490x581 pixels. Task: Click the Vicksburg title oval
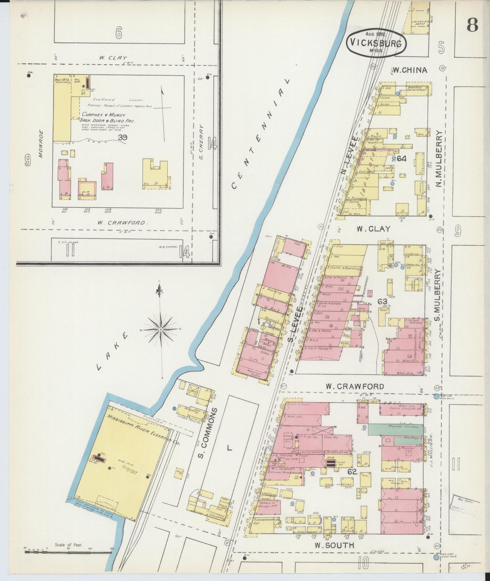click(376, 43)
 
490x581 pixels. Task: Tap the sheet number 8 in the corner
click(472, 24)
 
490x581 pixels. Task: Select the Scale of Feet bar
click(68, 552)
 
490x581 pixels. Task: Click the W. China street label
click(410, 71)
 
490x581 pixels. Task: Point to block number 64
click(402, 158)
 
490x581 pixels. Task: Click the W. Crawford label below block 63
click(355, 386)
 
